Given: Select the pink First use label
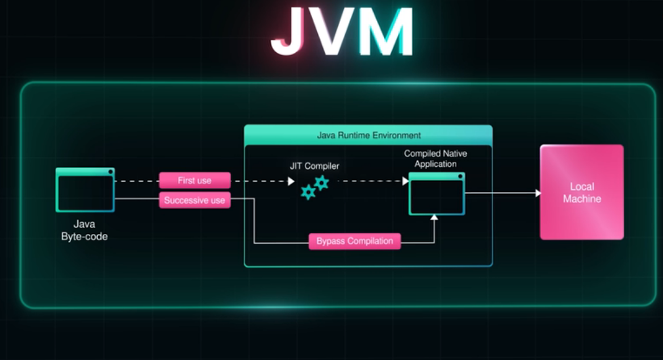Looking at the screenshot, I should click(195, 181).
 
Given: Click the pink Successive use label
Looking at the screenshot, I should click(195, 200).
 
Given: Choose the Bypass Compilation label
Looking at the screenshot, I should click(355, 241).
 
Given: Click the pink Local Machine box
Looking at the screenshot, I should click(582, 192).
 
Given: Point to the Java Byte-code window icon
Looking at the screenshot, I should click(85, 190).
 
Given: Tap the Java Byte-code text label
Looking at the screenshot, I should click(85, 231).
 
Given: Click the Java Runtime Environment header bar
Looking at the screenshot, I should click(368, 135).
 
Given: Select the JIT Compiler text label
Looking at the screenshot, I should click(314, 166).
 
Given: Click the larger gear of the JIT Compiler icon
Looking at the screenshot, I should click(322, 182).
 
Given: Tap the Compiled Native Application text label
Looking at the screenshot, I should click(435, 158).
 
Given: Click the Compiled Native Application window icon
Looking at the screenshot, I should click(437, 194).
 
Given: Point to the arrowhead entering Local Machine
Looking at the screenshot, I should click(538, 193).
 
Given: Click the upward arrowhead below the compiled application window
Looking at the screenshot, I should click(434, 218).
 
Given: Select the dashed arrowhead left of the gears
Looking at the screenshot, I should click(291, 181).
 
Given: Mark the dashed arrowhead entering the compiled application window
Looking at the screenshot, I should click(405, 181).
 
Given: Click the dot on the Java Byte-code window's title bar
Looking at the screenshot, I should click(110, 171).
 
